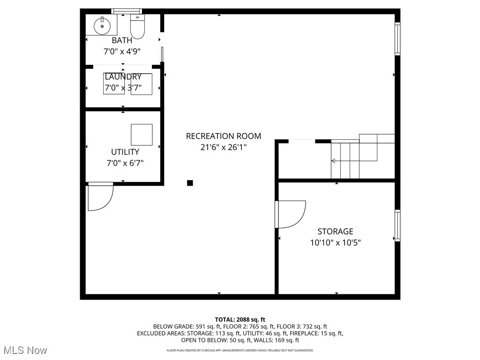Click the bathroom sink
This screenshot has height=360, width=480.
click(101, 26)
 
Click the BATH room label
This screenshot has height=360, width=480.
click(122, 41)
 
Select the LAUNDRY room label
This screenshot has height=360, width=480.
click(123, 77)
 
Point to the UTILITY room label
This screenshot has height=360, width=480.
click(125, 152)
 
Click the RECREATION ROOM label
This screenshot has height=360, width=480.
click(224, 136)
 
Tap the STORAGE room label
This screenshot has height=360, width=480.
click(336, 232)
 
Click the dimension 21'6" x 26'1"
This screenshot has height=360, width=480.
click(224, 147)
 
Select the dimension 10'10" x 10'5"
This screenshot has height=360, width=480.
click(336, 243)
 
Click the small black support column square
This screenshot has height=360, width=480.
click(190, 183)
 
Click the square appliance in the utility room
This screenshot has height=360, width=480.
click(142, 135)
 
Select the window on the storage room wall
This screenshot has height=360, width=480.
click(397, 225)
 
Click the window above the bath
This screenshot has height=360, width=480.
click(126, 11)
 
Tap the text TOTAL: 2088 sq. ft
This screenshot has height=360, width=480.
click(240, 320)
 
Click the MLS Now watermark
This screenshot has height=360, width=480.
click(25, 350)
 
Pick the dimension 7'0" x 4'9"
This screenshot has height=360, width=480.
click(122, 52)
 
